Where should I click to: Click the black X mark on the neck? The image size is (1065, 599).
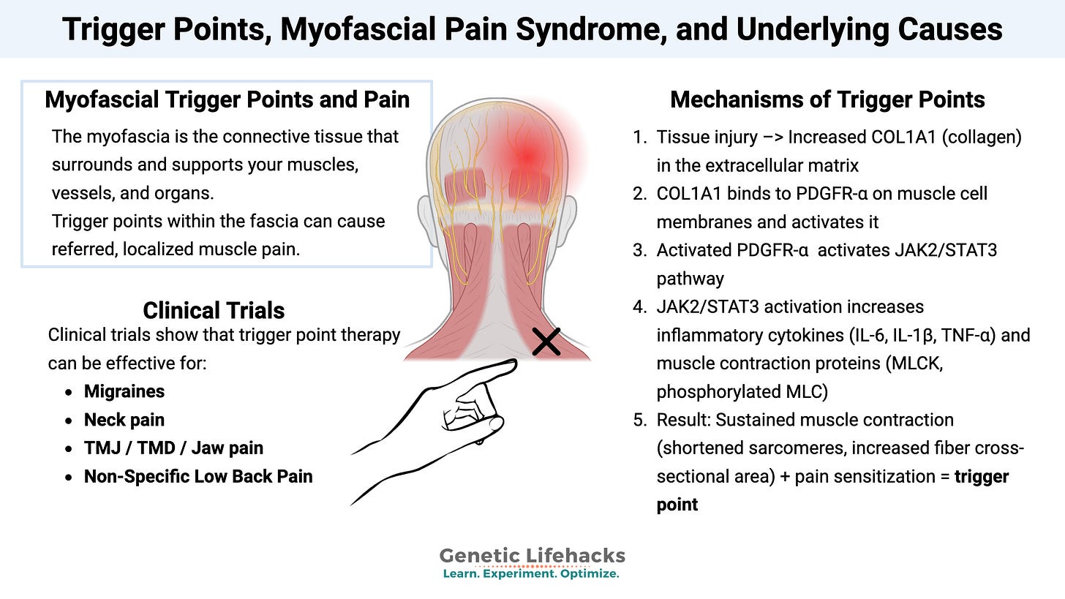click(x=546, y=342)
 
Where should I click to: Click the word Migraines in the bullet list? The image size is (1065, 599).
click(x=124, y=391)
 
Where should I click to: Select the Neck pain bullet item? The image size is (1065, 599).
click(x=124, y=420)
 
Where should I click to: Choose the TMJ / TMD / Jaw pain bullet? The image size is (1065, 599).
click(x=173, y=448)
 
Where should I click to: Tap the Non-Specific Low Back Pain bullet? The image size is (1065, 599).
click(x=198, y=476)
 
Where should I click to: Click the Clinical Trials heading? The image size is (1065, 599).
click(x=214, y=310)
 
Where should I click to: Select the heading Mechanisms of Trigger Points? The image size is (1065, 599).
click(x=827, y=99)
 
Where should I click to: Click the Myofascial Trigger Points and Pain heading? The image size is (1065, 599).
click(x=227, y=99)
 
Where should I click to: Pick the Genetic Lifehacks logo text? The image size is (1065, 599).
click(x=532, y=556)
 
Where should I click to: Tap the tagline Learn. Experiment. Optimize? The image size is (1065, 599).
click(x=531, y=574)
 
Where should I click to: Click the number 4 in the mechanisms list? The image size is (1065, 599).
click(x=638, y=306)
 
